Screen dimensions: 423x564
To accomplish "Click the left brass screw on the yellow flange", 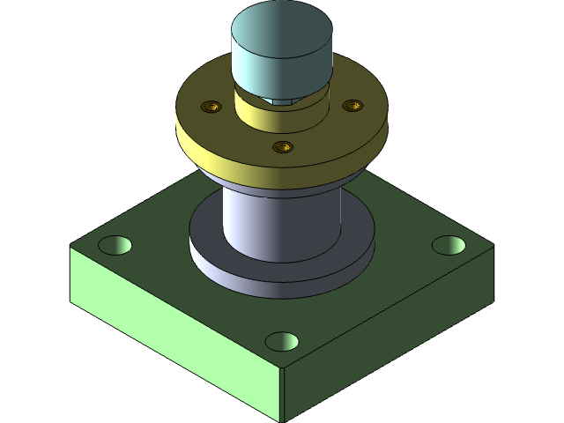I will tap(211, 108).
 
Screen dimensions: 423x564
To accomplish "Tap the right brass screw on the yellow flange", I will tap(352, 106).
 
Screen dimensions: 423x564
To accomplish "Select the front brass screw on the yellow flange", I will tap(282, 146).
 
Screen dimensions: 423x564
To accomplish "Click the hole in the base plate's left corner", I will tap(115, 244).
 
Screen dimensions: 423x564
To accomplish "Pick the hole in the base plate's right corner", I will tap(449, 245).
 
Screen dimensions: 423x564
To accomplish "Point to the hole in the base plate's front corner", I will tap(282, 340).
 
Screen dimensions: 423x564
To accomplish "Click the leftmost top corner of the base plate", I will tap(71, 248).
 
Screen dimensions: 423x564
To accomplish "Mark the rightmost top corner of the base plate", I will tap(492, 249).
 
